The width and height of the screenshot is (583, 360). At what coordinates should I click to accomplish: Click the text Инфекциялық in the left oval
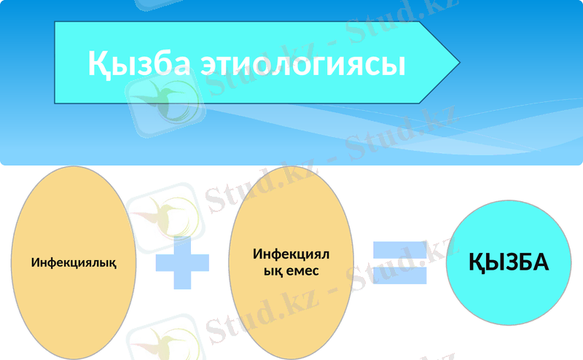[74, 262]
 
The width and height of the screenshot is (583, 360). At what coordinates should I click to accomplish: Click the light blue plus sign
[182, 262]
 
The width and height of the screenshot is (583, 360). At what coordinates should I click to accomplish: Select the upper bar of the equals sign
[400, 249]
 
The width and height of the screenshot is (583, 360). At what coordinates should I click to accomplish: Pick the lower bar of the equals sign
[400, 275]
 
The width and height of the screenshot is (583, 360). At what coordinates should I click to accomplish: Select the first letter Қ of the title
[98, 63]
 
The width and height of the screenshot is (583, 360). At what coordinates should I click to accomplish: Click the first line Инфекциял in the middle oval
[291, 254]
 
